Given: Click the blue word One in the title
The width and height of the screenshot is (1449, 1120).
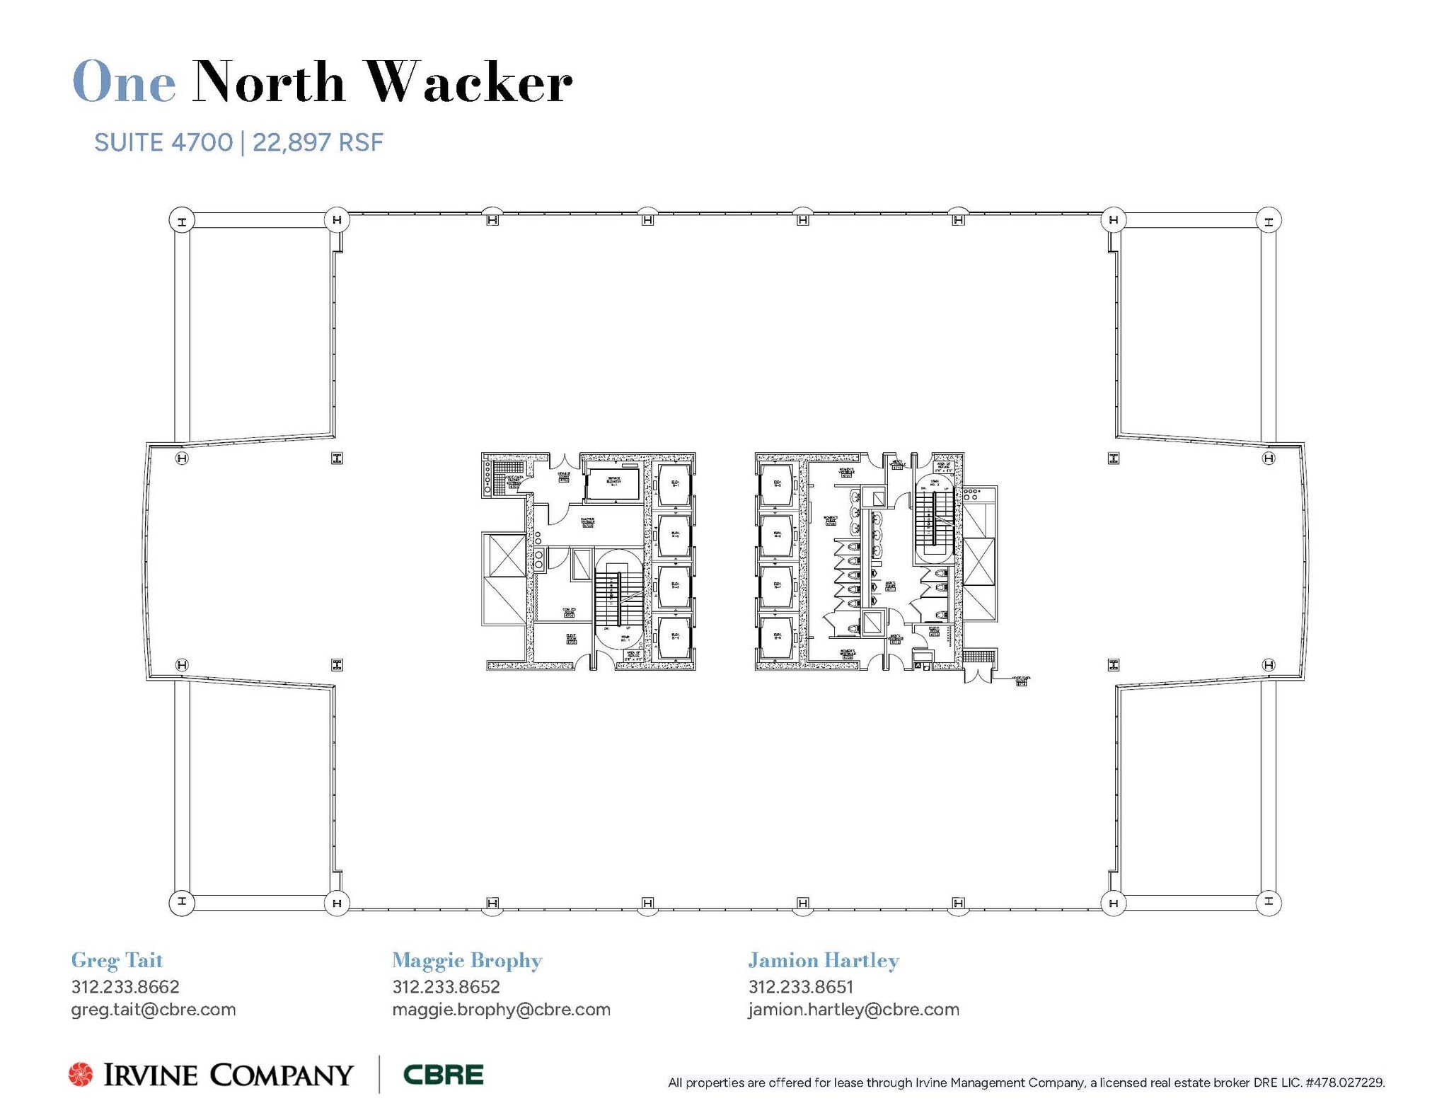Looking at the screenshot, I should (124, 83).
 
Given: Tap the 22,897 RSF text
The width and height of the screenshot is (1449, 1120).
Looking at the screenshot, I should (318, 143).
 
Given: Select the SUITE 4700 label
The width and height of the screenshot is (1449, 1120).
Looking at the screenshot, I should (163, 143).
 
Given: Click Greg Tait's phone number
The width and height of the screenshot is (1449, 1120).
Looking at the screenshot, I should (125, 986).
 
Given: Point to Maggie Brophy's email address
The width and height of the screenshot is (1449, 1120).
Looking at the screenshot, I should (501, 1010).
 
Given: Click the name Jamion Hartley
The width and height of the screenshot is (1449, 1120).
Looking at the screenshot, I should (824, 960).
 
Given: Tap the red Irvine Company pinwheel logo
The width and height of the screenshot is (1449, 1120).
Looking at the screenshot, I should (81, 1074).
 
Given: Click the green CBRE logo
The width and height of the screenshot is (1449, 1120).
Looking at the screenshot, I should (444, 1075).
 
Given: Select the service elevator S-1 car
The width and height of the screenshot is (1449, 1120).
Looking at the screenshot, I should (614, 484).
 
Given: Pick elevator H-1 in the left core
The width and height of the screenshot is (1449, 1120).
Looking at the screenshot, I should (674, 485).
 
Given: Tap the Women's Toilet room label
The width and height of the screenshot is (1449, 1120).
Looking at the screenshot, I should (831, 521).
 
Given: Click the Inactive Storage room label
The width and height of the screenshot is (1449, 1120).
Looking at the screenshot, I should (587, 522).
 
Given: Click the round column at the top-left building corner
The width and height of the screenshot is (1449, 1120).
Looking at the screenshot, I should (182, 220).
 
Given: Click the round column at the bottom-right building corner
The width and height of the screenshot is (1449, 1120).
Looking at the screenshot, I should (1269, 902).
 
